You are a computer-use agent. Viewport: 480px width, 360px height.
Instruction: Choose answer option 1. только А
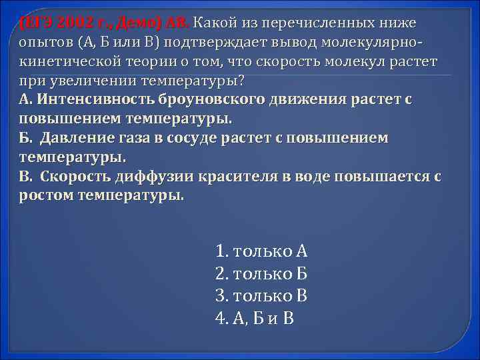[x=261, y=251]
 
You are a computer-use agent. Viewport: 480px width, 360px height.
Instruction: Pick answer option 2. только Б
[x=261, y=273]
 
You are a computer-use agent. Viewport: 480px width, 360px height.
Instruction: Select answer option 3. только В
[x=261, y=295]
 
